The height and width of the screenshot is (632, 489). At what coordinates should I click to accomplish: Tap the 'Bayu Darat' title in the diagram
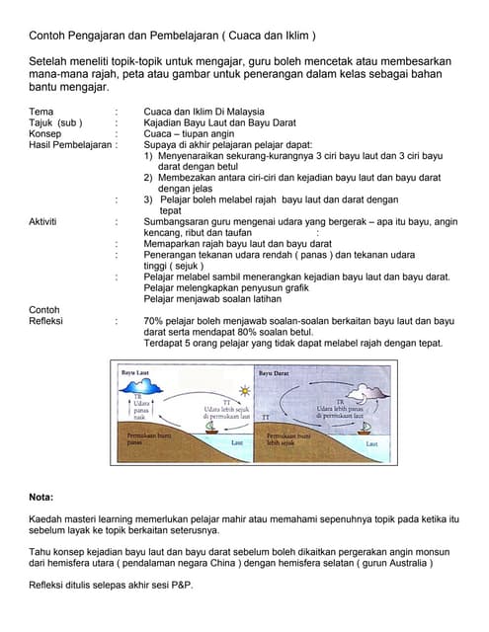(x=275, y=373)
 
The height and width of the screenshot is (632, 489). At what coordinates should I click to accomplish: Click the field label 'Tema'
(x=41, y=112)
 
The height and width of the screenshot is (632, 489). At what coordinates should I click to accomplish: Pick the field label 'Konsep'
(x=45, y=133)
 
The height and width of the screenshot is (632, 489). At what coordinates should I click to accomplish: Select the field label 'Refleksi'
(x=47, y=321)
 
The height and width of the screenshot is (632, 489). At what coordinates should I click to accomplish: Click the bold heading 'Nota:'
(x=41, y=497)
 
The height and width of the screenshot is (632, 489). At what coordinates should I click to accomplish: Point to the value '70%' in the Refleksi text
(x=153, y=321)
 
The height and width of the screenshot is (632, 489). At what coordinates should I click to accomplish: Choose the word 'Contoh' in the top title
(x=46, y=36)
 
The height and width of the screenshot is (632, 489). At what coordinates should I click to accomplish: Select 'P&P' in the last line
(x=182, y=585)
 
